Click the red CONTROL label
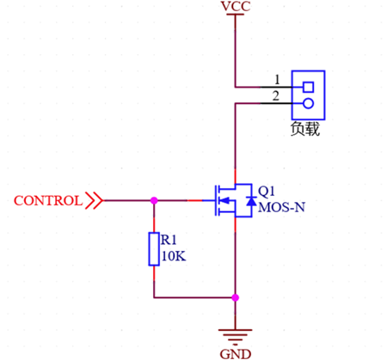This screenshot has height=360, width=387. pyautogui.click(x=48, y=201)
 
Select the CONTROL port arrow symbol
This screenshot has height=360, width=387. pyautogui.click(x=94, y=201)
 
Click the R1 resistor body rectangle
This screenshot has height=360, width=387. pyautogui.click(x=154, y=248)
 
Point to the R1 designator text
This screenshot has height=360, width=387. pyautogui.click(x=169, y=240)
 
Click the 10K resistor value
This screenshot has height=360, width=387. pyautogui.click(x=172, y=255)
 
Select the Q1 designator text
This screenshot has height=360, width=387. pyautogui.click(x=267, y=191)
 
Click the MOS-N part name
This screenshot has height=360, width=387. pyautogui.click(x=281, y=207)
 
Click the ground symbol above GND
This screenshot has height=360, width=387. pyautogui.click(x=235, y=331)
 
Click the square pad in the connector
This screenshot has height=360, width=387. pyautogui.click(x=308, y=87)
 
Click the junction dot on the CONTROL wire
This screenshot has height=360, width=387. pyautogui.click(x=154, y=201)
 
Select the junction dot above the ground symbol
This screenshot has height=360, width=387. pyautogui.click(x=235, y=297)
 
